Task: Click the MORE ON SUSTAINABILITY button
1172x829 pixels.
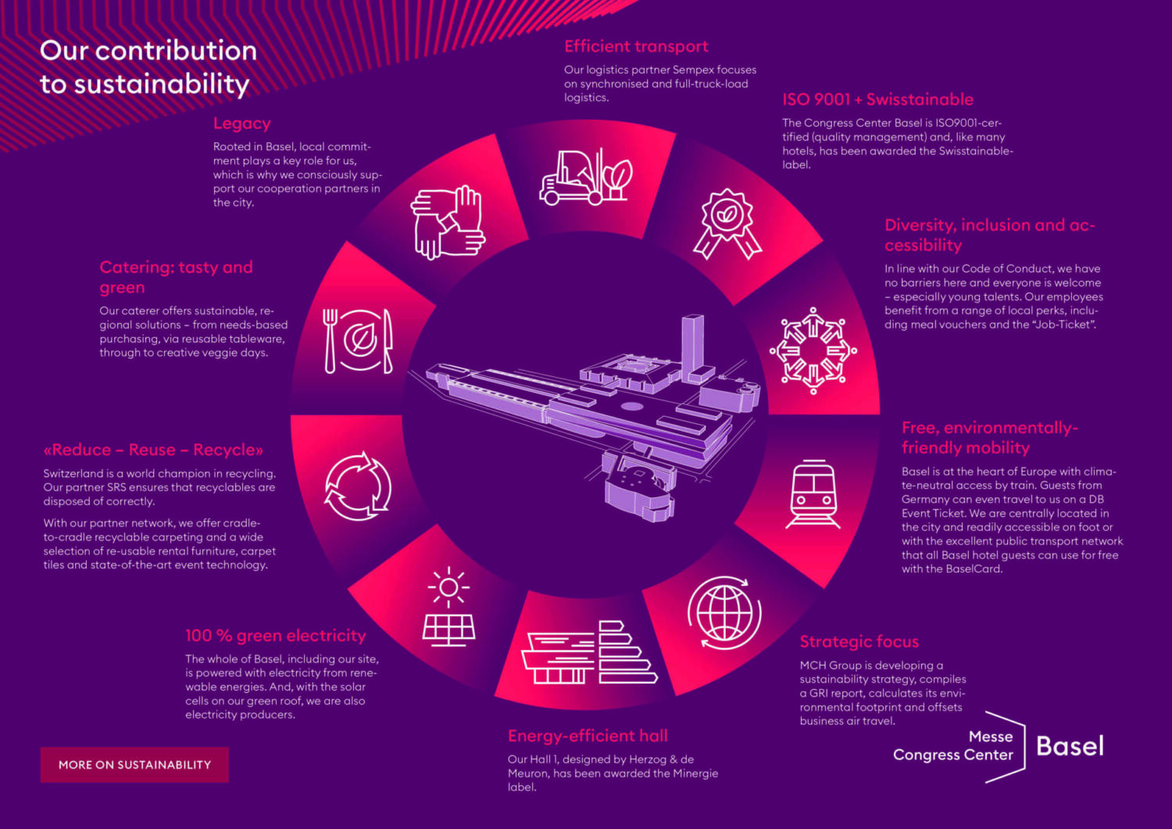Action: coord(134,765)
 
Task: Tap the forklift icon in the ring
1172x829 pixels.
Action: coord(584,177)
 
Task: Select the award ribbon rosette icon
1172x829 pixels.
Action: coord(727,224)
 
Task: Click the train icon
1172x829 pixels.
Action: coord(814,494)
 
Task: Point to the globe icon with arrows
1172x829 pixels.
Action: coord(724,613)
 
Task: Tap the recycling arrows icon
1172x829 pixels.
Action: coord(358,486)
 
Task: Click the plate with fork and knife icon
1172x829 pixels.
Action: coord(359,341)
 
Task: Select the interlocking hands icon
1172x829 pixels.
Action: coord(447,222)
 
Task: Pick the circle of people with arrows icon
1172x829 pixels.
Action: coord(813,350)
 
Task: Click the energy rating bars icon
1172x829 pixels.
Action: coord(590,653)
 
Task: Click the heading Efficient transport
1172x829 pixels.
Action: coord(636,47)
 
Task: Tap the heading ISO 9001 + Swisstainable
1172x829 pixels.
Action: coord(877,100)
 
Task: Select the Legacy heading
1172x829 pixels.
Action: coord(242,124)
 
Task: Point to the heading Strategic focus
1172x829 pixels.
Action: coord(859,642)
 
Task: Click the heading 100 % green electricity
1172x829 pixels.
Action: coord(275,636)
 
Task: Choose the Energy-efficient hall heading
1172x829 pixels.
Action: coord(588,736)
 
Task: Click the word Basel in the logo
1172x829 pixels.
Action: coord(1070,747)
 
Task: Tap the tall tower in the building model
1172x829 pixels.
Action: coord(692,344)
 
